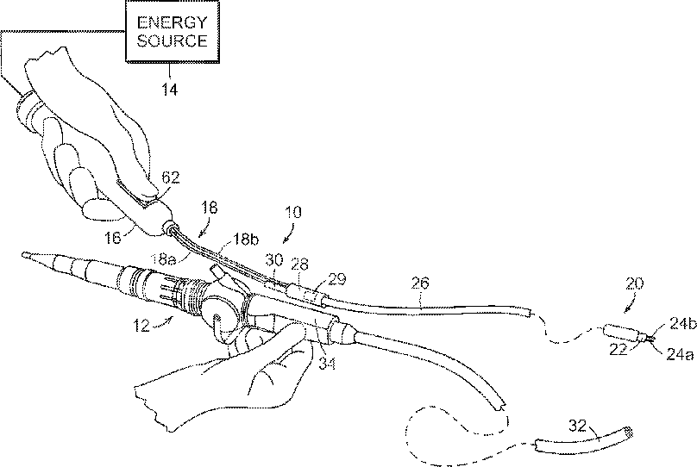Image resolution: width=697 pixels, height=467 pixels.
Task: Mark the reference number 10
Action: (x=296, y=212)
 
